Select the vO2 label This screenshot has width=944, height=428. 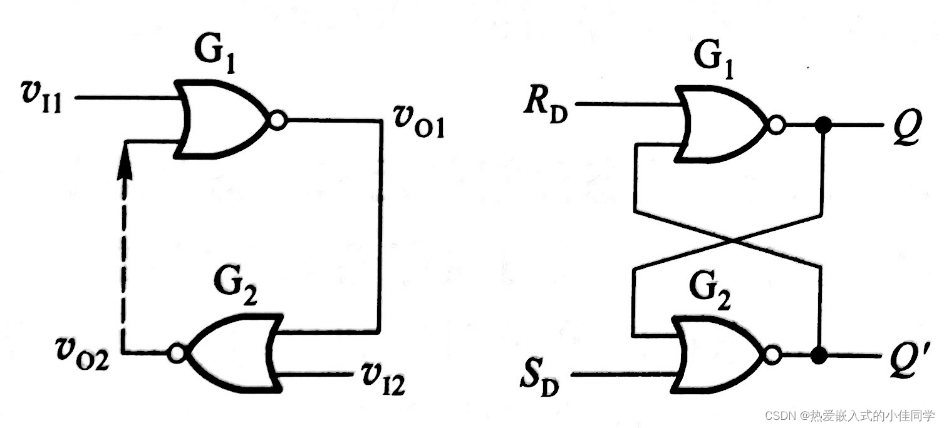(x=81, y=357)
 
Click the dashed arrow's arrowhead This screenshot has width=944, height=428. (x=126, y=168)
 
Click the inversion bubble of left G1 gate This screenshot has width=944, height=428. (x=278, y=121)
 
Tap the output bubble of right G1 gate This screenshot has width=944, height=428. (x=777, y=126)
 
